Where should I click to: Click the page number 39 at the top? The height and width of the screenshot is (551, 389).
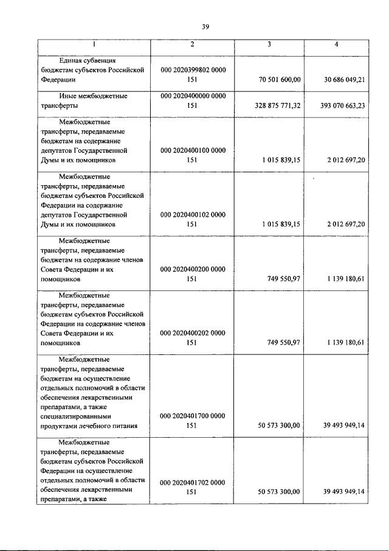pyautogui.click(x=205, y=27)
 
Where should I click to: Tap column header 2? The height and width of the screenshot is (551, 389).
pyautogui.click(x=192, y=45)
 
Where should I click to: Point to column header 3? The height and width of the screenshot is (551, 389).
pyautogui.click(x=269, y=45)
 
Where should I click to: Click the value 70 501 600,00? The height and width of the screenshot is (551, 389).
pyautogui.click(x=276, y=80)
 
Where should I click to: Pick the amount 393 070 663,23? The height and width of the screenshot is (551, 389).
pyautogui.click(x=337, y=105)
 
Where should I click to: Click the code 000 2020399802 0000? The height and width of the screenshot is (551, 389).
pyautogui.click(x=193, y=70)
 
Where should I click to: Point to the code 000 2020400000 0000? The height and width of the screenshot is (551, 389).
pyautogui.click(x=193, y=96)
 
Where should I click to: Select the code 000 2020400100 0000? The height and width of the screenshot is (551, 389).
pyautogui.click(x=193, y=150)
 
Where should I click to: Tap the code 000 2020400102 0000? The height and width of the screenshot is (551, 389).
pyautogui.click(x=193, y=214)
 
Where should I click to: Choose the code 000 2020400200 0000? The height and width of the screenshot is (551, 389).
pyautogui.click(x=193, y=268)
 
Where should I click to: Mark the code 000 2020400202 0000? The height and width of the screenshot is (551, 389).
pyautogui.click(x=193, y=333)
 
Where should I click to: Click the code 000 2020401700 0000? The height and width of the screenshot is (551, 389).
pyautogui.click(x=193, y=416)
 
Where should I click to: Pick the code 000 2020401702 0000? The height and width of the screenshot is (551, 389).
pyautogui.click(x=193, y=482)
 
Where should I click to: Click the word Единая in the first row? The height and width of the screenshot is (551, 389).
pyautogui.click(x=72, y=60)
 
